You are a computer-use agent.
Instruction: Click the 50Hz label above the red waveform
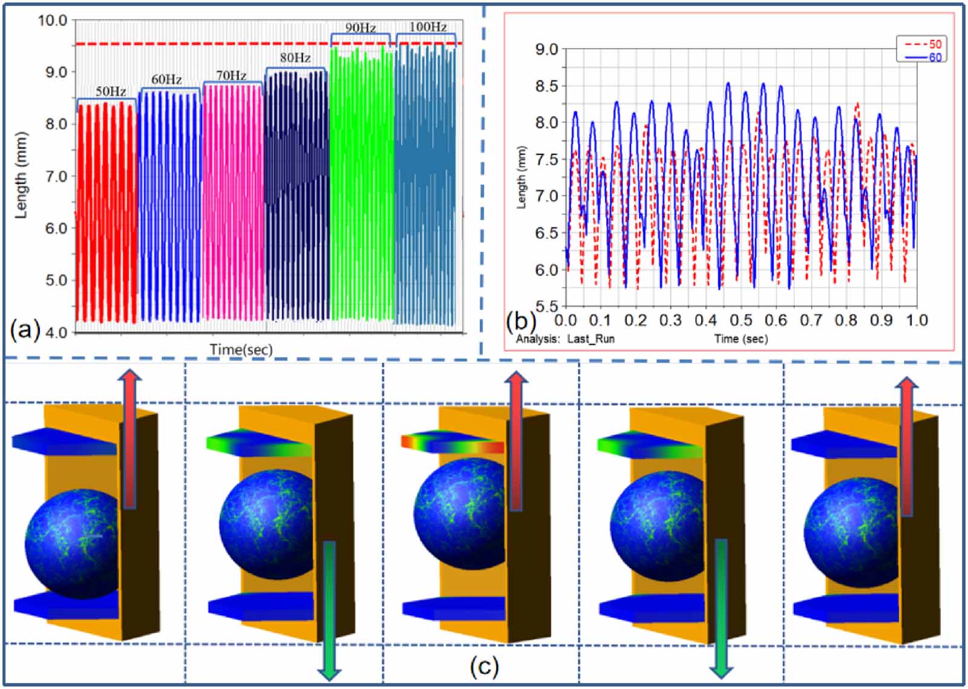click(111, 91)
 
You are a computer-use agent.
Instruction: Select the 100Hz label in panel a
click(428, 27)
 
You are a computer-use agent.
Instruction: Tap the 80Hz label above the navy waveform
click(295, 58)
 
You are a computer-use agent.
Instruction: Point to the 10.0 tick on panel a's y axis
click(53, 21)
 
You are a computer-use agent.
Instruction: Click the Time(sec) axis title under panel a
click(241, 349)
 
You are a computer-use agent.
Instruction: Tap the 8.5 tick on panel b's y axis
click(546, 86)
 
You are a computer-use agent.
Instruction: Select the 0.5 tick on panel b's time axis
click(741, 320)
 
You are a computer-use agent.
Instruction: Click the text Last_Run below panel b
click(590, 339)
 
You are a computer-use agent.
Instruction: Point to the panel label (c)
click(484, 667)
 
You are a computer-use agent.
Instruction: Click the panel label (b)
click(521, 320)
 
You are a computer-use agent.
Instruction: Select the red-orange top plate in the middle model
click(452, 442)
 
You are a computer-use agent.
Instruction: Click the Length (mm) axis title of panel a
click(21, 175)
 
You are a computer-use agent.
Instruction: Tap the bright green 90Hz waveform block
click(361, 181)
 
